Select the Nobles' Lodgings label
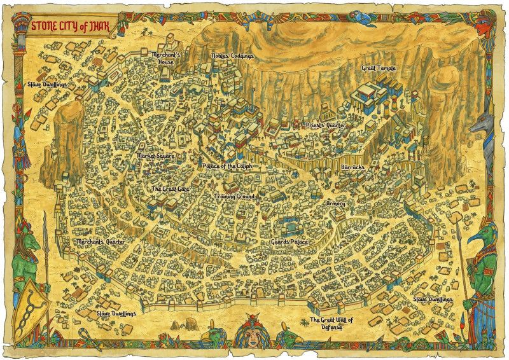coord(232,56)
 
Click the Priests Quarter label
coord(324,125)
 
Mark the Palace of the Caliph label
coord(227,166)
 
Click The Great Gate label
coord(170,189)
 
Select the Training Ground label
coord(234,197)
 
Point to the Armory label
coord(335,204)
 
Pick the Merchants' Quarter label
coord(100,242)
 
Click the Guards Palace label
coord(289,242)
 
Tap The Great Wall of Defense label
coord(330,323)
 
